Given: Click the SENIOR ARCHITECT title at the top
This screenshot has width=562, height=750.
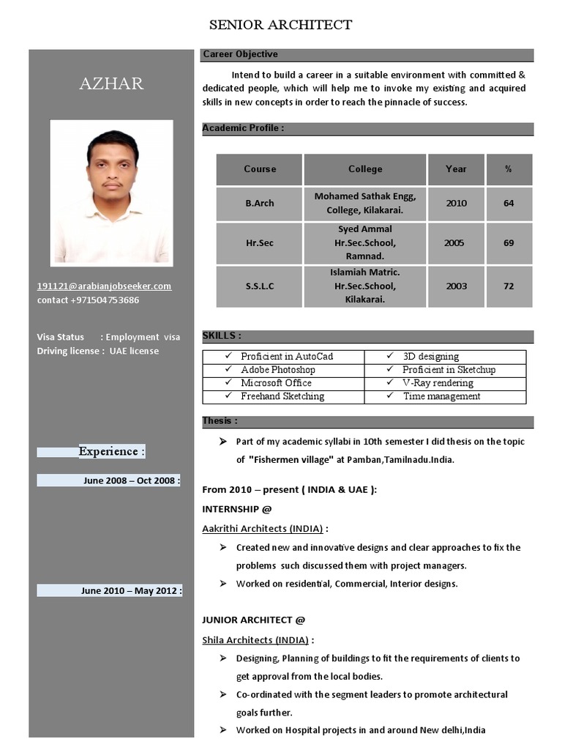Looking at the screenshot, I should pyautogui.click(x=280, y=25).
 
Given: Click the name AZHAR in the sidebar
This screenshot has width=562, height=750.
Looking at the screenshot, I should pyautogui.click(x=111, y=83).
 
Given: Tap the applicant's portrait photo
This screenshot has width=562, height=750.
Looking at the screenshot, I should pyautogui.click(x=111, y=193).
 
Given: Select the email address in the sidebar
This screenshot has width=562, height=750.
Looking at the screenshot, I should pyautogui.click(x=104, y=286).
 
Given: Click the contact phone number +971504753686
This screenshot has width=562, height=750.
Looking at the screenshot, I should pyautogui.click(x=89, y=300).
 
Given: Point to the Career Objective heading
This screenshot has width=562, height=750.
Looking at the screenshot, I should pyautogui.click(x=240, y=54).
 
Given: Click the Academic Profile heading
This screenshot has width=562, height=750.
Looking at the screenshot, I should pyautogui.click(x=243, y=128).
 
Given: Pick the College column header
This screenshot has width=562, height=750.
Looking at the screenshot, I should pyautogui.click(x=365, y=169).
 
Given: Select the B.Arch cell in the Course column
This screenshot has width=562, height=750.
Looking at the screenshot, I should pyautogui.click(x=260, y=204).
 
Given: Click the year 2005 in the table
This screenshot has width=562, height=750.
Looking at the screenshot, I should pyautogui.click(x=454, y=242).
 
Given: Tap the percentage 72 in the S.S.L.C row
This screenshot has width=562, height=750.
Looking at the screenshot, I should pyautogui.click(x=509, y=286).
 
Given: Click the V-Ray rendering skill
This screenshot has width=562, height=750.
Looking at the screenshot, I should pyautogui.click(x=438, y=383).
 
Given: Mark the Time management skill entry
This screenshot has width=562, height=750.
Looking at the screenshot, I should pyautogui.click(x=441, y=396).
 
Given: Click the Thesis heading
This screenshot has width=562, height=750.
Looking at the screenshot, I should pyautogui.click(x=220, y=421).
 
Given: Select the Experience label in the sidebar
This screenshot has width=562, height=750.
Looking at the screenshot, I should pyautogui.click(x=111, y=451).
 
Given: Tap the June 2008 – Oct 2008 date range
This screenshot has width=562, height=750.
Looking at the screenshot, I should pyautogui.click(x=132, y=480).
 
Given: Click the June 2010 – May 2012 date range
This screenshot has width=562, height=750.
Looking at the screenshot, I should pyautogui.click(x=132, y=590).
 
